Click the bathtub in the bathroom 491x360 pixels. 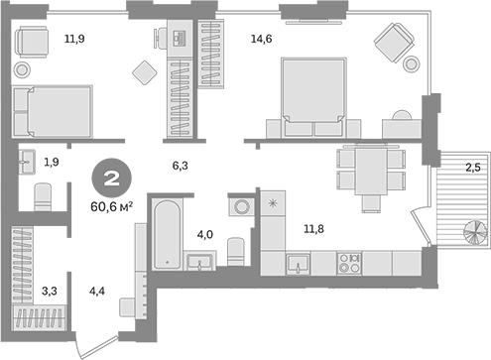pos(166,230)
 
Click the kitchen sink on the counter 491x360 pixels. pos(297,263)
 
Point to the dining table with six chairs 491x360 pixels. pos(371,174)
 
